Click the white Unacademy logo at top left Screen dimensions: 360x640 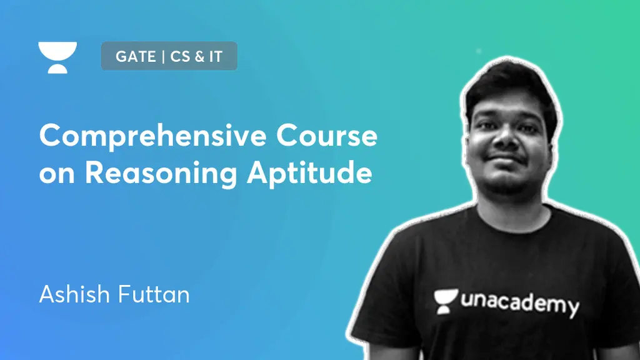click(x=57, y=57)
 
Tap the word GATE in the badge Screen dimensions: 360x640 click(x=135, y=57)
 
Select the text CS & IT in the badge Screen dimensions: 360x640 click(x=199, y=57)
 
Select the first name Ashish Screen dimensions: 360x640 click(x=74, y=293)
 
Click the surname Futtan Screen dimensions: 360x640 click(x=153, y=293)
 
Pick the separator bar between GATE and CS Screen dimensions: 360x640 click(x=162, y=57)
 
